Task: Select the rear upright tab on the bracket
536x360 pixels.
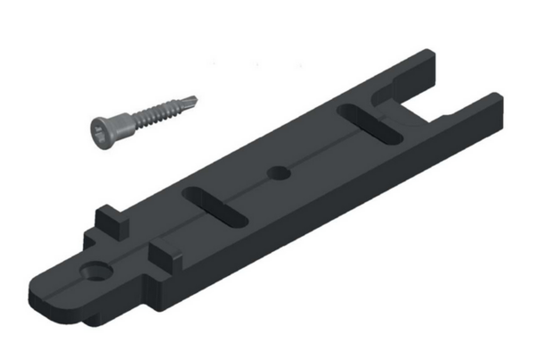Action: [108, 216]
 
